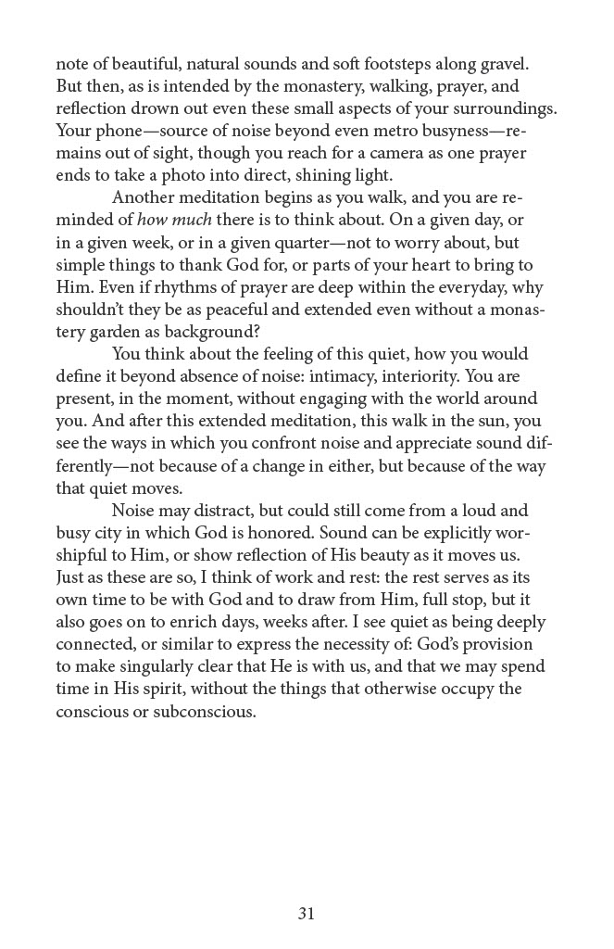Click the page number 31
tap(307, 913)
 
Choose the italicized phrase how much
tap(169, 221)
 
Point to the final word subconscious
tap(200, 710)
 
